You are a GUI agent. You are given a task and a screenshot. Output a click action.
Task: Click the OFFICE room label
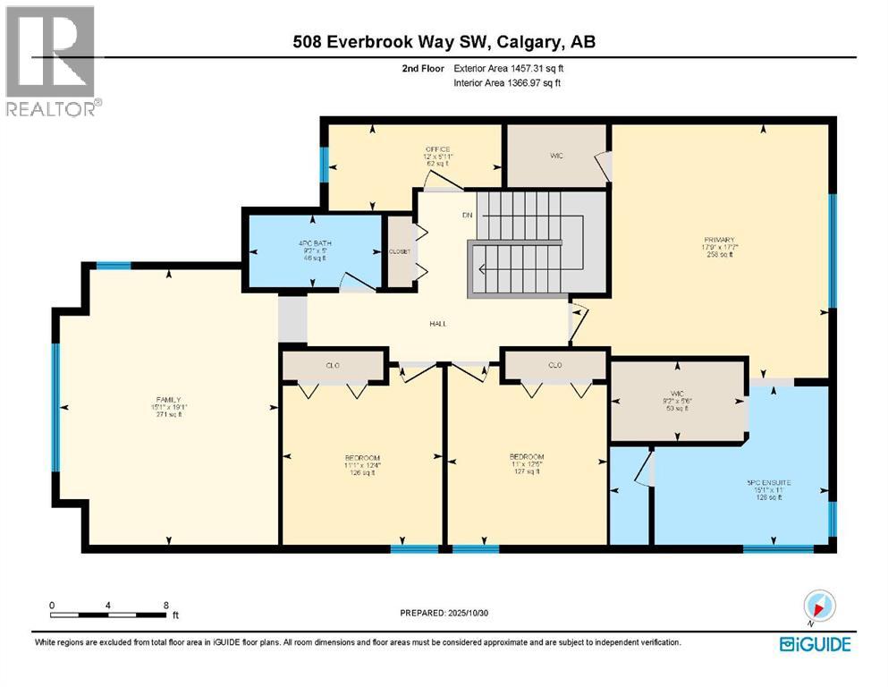tap(437, 149)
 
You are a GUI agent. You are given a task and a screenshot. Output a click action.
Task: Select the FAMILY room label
tap(168, 400)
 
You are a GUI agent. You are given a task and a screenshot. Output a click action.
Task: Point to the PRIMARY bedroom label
tap(719, 240)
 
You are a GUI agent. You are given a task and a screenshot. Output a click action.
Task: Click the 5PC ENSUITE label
tap(769, 482)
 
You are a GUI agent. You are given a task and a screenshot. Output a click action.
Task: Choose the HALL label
tap(437, 324)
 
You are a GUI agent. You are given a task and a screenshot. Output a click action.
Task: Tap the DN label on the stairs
tap(466, 215)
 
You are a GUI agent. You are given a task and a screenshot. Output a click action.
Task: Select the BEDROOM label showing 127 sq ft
tap(525, 456)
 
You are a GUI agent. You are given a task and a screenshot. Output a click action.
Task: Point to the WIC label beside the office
tap(556, 155)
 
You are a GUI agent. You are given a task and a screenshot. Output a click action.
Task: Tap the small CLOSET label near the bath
tap(399, 251)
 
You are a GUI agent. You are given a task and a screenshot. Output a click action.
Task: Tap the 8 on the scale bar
tap(165, 606)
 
